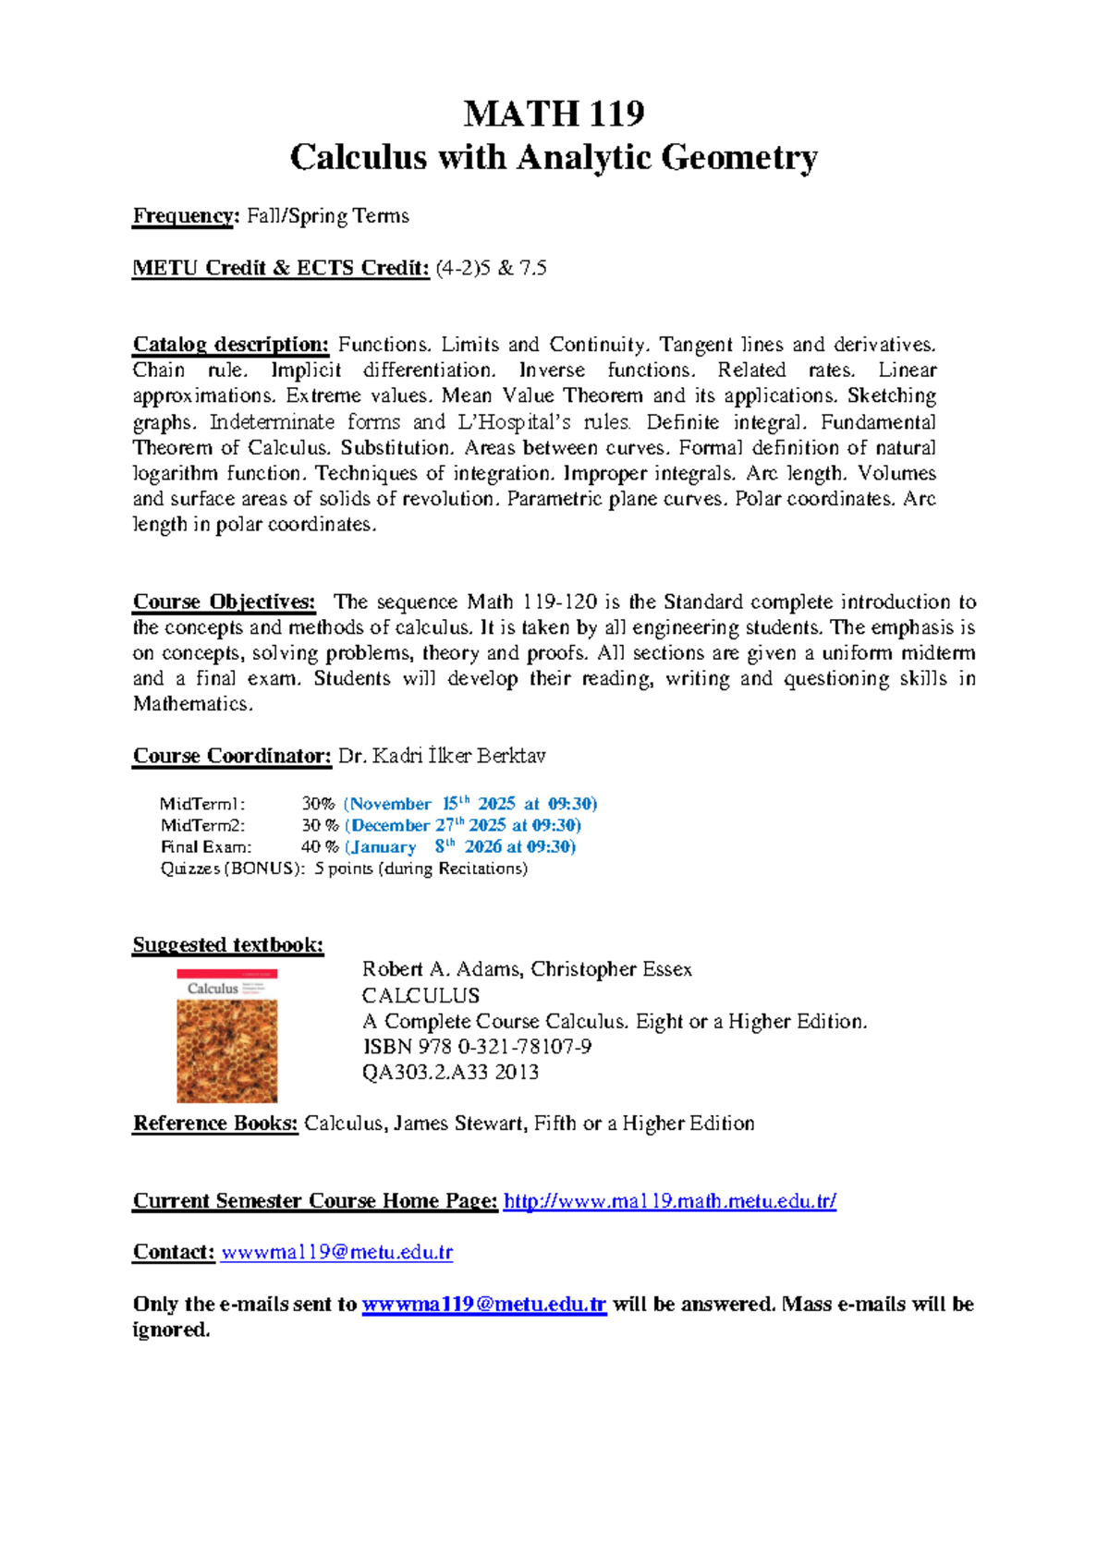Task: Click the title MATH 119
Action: [x=554, y=114]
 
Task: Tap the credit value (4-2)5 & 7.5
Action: [x=491, y=269]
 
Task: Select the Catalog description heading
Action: [x=230, y=345]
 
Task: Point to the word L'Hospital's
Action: [x=521, y=422]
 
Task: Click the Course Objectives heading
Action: [x=224, y=601]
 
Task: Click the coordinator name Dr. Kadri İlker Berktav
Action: [x=442, y=756]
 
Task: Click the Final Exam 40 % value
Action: [x=320, y=846]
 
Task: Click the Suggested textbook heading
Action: [x=227, y=944]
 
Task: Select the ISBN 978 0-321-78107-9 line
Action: [x=477, y=1047]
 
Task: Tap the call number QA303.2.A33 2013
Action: [x=450, y=1073]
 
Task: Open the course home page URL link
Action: [x=669, y=1201]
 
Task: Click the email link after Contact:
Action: [x=337, y=1253]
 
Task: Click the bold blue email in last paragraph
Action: [x=483, y=1305]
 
